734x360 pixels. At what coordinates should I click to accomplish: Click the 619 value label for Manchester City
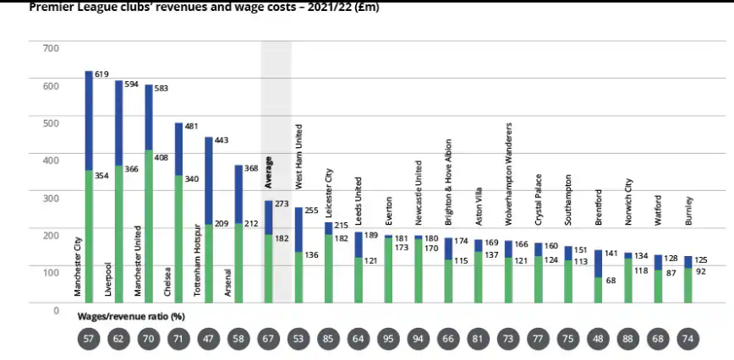101,75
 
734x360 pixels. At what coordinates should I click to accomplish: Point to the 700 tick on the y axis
52,47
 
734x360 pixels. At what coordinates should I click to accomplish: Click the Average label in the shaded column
268,172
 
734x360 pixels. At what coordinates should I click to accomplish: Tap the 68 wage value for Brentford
611,281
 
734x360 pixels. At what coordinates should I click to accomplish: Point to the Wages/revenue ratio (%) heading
132,315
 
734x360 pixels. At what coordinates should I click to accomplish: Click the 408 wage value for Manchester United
162,156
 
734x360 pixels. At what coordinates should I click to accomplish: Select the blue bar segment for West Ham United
299,229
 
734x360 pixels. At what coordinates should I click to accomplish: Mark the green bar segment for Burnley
688,286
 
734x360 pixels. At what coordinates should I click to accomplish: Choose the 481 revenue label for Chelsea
191,127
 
